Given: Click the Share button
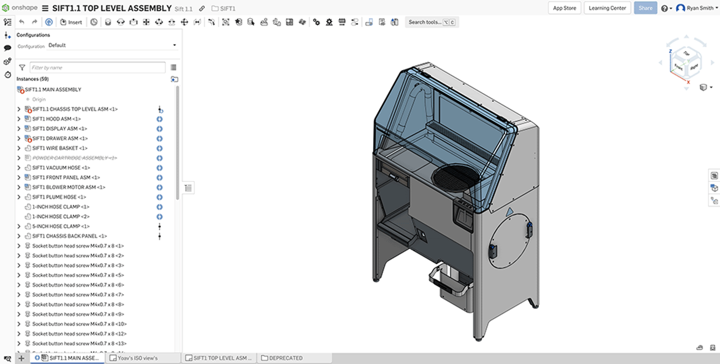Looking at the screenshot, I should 645,8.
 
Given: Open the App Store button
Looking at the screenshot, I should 564,8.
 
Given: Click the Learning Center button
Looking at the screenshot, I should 607,8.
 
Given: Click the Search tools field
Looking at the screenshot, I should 425,22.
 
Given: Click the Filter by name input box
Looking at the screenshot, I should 97,68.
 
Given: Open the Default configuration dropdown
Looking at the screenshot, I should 112,45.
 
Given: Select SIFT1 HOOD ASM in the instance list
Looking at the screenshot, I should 56,119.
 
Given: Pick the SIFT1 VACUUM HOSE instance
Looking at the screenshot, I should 61,168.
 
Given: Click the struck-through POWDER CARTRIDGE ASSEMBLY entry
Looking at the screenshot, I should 74,158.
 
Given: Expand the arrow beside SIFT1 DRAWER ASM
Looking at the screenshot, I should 19,138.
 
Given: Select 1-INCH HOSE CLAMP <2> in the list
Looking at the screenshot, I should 61,217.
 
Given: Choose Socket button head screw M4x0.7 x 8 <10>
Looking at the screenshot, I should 79,324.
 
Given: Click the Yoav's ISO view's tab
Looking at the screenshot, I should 137,358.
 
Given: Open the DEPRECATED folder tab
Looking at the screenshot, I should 285,358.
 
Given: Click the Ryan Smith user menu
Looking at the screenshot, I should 697,8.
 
